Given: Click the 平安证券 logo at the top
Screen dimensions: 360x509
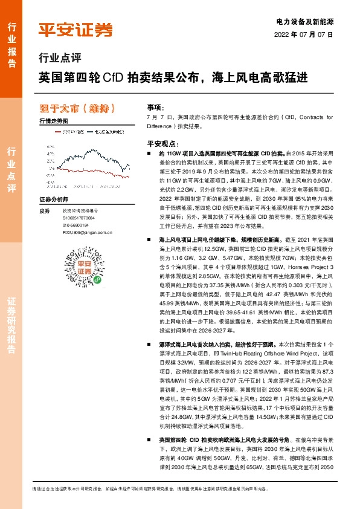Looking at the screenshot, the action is point(75,28).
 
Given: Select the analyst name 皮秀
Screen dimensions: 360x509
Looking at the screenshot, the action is point(43,211).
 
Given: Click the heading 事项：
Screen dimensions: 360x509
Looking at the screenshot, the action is point(156,105).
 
